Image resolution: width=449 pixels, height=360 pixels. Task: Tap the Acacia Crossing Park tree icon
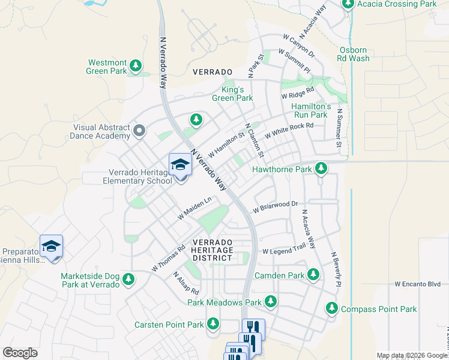(348, 4)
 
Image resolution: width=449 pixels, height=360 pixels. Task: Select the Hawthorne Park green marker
(321, 169)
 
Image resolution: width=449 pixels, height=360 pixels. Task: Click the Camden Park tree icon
(313, 275)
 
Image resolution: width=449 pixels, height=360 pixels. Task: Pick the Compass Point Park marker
(331, 308)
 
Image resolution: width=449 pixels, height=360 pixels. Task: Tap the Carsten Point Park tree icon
(212, 324)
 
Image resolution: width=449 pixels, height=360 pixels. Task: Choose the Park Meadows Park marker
(271, 302)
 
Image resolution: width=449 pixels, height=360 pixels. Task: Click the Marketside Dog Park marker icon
(128, 279)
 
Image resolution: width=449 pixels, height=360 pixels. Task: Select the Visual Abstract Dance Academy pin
(140, 130)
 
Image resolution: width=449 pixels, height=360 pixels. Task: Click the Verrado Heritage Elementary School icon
(180, 164)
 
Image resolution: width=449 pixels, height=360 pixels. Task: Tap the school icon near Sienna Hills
(52, 246)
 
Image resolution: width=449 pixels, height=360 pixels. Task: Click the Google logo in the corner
(20, 353)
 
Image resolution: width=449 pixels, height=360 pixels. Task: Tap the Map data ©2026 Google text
(412, 356)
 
